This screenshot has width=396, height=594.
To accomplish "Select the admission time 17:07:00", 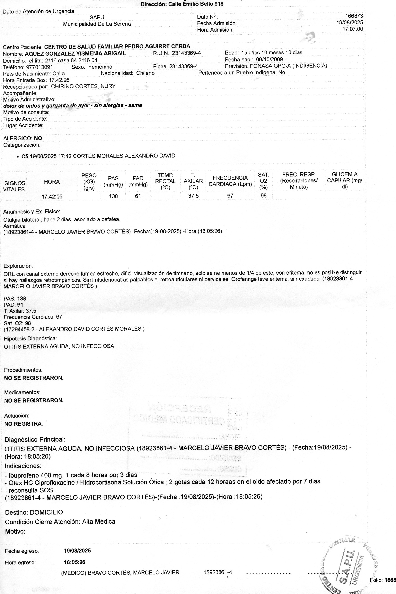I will (x=353, y=29).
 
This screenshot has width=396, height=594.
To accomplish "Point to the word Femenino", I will (x=100, y=67).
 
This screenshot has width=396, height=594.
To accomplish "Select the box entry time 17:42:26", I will (x=59, y=80).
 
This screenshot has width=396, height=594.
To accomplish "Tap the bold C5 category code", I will (x=25, y=156).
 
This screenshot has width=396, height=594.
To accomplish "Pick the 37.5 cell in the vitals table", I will (x=193, y=196).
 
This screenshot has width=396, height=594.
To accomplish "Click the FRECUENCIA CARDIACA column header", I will (x=230, y=181).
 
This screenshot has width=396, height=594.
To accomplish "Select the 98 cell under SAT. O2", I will (x=263, y=196).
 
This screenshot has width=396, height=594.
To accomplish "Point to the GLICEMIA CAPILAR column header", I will (x=345, y=181).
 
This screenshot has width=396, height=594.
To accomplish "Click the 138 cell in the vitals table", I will (x=113, y=196).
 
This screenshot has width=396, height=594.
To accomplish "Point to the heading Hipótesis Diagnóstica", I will (x=30, y=338).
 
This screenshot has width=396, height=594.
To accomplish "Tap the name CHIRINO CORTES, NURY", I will (x=83, y=86).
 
